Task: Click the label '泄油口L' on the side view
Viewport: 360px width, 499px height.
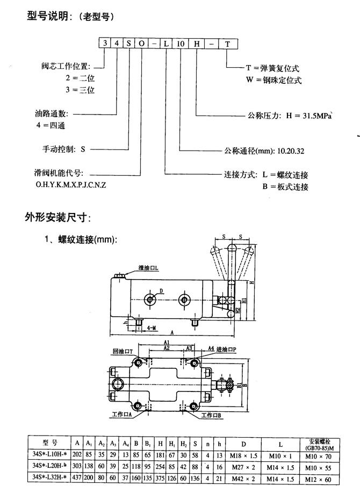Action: pos(148,268)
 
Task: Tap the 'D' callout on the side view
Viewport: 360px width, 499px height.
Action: pos(160,291)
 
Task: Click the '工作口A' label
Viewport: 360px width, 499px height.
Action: pos(123,415)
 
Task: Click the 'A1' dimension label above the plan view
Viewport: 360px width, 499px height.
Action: pos(167,342)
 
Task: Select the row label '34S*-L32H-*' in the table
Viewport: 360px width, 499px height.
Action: pos(49,479)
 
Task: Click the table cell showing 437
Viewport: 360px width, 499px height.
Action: pos(78,479)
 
